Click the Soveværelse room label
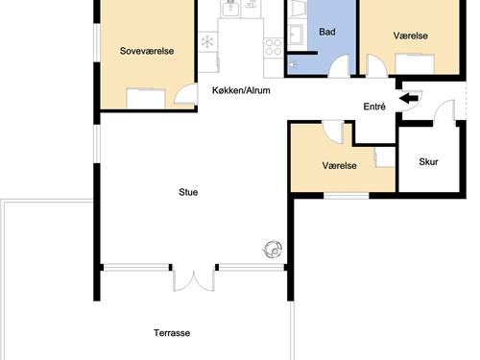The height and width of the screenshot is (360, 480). coord(147,51)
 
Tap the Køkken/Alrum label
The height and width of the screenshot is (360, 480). coord(241,90)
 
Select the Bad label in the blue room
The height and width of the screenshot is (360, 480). coord(327,32)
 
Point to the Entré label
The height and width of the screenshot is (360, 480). coord(374,107)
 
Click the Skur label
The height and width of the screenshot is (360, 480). coord(428,161)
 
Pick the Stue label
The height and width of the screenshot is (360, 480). coord(188,192)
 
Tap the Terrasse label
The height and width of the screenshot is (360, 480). coord(172,333)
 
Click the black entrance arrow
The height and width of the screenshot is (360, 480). coord(409,98)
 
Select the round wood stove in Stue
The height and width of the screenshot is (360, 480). coord(273,250)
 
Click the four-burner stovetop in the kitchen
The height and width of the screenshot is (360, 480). coord(274,47)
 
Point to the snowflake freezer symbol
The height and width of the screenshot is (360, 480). coord(207,41)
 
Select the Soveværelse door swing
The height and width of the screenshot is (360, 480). coord(185,94)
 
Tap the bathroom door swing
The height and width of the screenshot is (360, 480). coord(339,66)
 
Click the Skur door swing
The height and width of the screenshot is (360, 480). coord(444,111)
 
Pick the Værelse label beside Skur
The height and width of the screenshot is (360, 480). coord(339,165)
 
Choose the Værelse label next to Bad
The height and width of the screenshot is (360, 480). coord(410,36)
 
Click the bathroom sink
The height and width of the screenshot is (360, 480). coord(296,35)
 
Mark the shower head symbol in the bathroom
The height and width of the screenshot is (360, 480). coord(293,65)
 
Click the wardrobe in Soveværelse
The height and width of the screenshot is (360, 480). coord(146,99)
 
